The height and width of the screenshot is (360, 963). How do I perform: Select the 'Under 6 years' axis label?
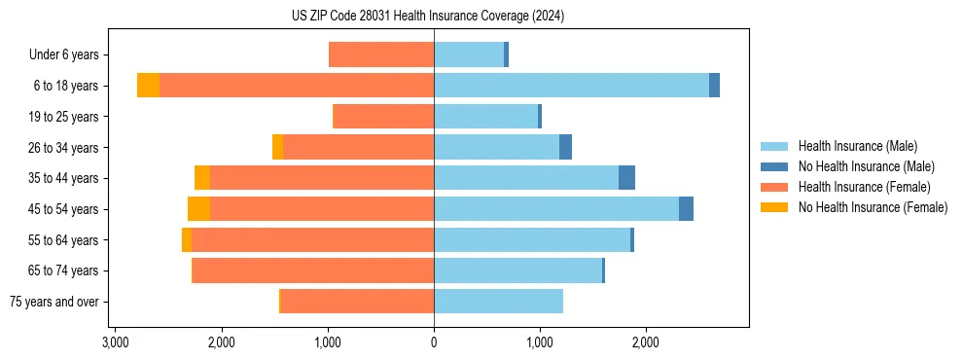tap(70, 55)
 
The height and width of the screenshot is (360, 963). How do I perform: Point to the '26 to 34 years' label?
tap(65, 148)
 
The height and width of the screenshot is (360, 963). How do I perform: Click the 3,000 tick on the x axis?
tap(115, 342)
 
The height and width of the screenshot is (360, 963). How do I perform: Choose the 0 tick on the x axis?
tap(434, 342)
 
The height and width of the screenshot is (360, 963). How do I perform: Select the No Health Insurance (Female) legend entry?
tap(873, 207)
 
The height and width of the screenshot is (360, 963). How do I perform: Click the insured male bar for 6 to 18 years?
tap(571, 86)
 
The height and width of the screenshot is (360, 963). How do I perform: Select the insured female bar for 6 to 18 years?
tap(297, 86)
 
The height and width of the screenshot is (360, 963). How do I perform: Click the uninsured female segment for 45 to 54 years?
tap(198, 209)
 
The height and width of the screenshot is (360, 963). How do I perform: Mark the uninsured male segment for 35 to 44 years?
tap(626, 178)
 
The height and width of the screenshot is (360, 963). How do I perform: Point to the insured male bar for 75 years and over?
tap(498, 302)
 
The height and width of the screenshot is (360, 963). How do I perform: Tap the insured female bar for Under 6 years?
tap(381, 55)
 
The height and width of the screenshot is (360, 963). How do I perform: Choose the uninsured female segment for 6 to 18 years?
tap(148, 86)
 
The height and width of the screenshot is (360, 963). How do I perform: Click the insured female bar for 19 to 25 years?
tap(383, 117)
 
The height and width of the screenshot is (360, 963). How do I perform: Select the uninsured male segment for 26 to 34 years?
tap(565, 148)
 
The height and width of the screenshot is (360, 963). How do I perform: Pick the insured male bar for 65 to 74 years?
tap(517, 270)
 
